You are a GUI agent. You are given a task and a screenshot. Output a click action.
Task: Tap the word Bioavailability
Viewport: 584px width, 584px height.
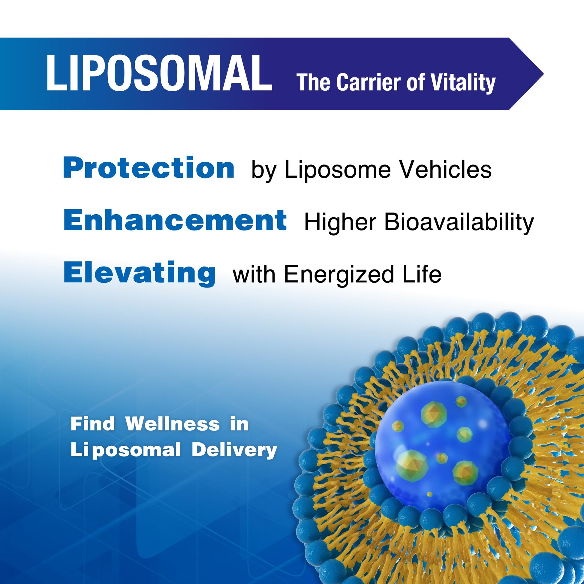pyautogui.click(x=459, y=223)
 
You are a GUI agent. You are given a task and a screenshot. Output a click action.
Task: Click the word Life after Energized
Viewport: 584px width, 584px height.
pyautogui.click(x=422, y=274)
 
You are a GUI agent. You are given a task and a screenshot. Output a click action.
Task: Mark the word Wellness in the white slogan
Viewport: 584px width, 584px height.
pyautogui.click(x=173, y=424)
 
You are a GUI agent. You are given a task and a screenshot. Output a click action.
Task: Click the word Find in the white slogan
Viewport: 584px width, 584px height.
pyautogui.click(x=93, y=424)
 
